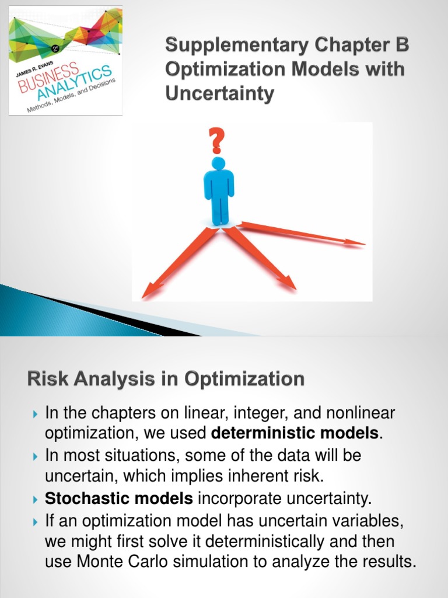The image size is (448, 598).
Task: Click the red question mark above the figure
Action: (217, 142)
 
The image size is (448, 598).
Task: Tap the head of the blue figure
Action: (218, 163)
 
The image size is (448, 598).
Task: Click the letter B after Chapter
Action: (402, 46)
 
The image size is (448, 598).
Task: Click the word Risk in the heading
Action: (46, 379)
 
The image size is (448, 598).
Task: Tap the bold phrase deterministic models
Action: (295, 433)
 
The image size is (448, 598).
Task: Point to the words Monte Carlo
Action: (117, 562)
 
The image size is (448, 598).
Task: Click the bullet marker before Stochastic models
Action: (34, 499)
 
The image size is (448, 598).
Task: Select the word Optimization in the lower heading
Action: (244, 379)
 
